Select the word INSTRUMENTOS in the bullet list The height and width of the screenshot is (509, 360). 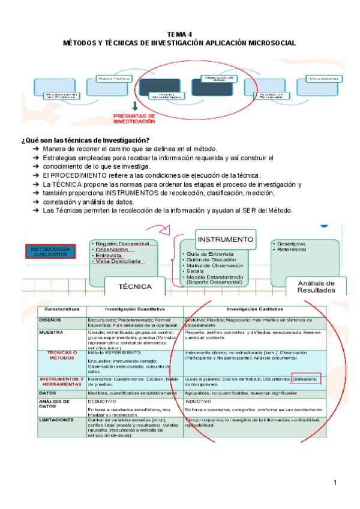pyautogui.click(x=131, y=193)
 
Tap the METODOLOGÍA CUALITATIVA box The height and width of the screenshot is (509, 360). pyautogui.click(x=50, y=251)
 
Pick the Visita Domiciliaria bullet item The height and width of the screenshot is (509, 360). pyautogui.click(x=118, y=262)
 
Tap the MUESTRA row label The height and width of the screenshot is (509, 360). pyautogui.click(x=52, y=331)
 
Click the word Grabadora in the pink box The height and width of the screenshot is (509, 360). pyautogui.click(x=306, y=379)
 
